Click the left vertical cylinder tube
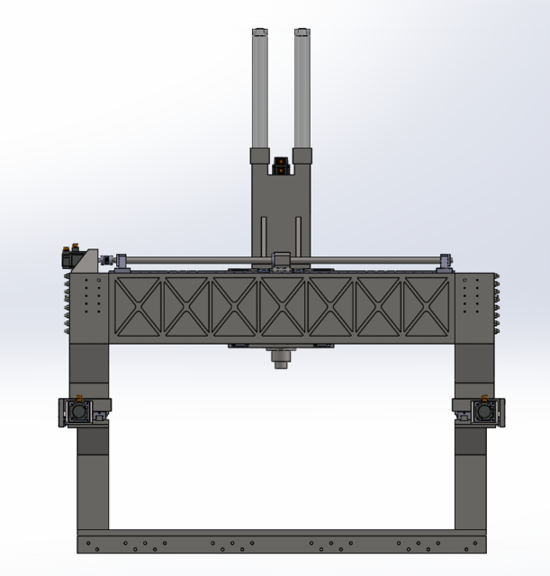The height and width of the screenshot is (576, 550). point(259,90)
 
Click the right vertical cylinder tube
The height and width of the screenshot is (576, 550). point(302,90)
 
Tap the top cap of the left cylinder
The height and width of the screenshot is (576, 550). point(259,32)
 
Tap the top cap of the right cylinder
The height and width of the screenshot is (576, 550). point(302,32)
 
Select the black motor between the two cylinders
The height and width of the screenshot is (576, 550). point(281,166)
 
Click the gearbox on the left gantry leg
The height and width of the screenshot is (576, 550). point(77,412)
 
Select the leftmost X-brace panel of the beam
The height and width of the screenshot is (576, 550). point(138,307)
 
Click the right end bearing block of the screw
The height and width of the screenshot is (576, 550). point(446,262)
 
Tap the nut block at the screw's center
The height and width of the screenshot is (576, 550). point(281,260)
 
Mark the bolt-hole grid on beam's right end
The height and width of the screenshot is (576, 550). point(470,293)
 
